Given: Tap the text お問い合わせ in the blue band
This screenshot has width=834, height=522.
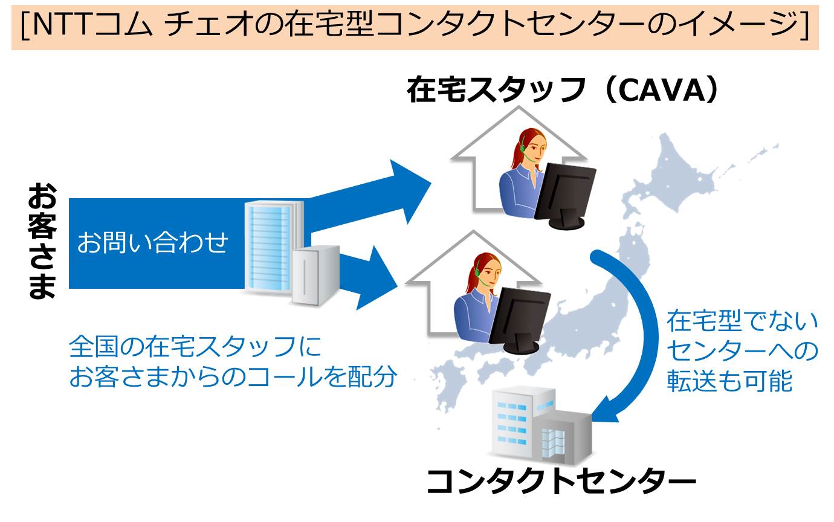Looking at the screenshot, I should [x=152, y=243].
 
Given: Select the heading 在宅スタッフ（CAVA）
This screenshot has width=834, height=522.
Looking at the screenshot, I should [x=562, y=91].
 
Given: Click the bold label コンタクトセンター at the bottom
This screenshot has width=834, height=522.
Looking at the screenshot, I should [x=561, y=482].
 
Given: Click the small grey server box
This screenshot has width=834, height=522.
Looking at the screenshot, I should [x=315, y=275].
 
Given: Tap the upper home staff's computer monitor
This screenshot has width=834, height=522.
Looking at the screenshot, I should [x=565, y=190].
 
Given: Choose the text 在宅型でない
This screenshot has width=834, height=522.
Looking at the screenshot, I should [x=742, y=321].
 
